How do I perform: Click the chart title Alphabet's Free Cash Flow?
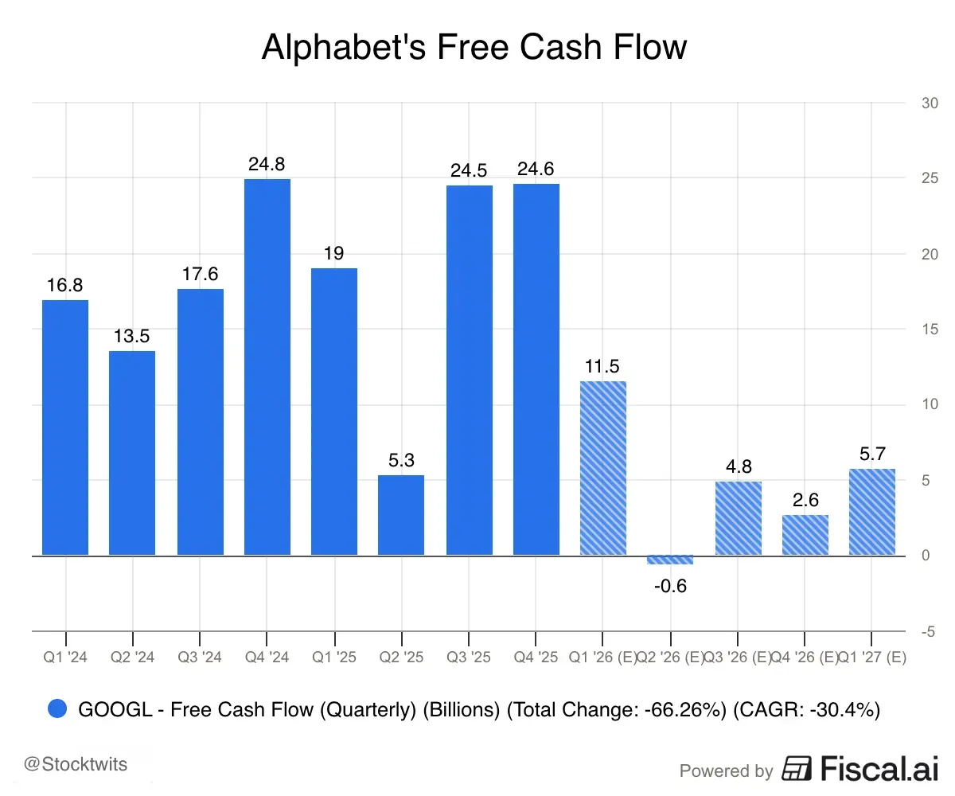coord(474,48)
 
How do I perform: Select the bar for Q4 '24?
coord(267,367)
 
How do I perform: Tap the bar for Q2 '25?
coord(401,515)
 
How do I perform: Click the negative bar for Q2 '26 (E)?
coord(670,560)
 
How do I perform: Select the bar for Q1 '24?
coord(65,427)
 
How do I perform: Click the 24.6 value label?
coord(536,169)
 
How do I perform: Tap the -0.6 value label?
coord(670,587)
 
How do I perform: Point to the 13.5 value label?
coord(132,335)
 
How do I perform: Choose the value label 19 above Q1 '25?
coord(334,253)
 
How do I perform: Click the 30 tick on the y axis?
coord(928,103)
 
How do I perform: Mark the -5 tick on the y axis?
coord(928,631)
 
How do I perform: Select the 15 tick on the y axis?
coord(928,329)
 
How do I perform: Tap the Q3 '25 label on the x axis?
coord(469,657)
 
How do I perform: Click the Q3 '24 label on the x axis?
coord(200,657)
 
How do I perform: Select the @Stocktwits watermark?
coord(76,765)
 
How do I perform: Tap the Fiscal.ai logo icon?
coord(797,769)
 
